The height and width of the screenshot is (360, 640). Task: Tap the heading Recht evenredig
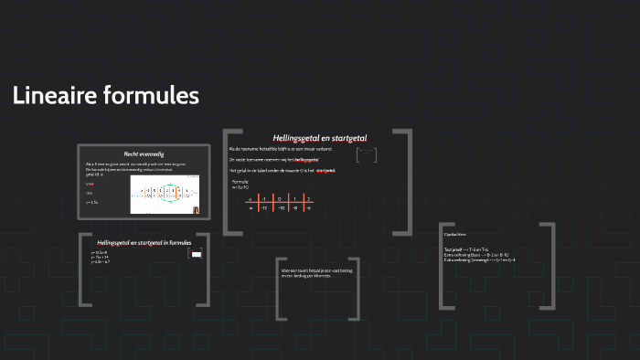click(x=144, y=154)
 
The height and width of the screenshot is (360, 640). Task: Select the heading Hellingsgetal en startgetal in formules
click(x=144, y=242)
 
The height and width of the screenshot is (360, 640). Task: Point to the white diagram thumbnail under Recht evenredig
click(x=165, y=195)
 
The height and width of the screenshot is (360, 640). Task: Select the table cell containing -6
click(x=308, y=207)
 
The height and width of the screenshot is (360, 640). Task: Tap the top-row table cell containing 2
click(x=308, y=197)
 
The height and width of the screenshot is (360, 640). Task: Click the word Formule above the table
click(x=240, y=181)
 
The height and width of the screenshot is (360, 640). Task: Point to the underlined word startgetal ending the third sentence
click(x=325, y=171)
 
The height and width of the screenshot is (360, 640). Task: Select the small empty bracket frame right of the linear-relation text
click(x=366, y=155)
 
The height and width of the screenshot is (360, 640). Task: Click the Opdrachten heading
click(x=455, y=233)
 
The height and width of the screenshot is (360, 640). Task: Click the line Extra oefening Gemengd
click(x=479, y=260)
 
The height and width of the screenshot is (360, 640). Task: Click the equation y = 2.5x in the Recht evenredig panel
click(x=92, y=202)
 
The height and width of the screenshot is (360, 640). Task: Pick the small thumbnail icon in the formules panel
click(x=195, y=255)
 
